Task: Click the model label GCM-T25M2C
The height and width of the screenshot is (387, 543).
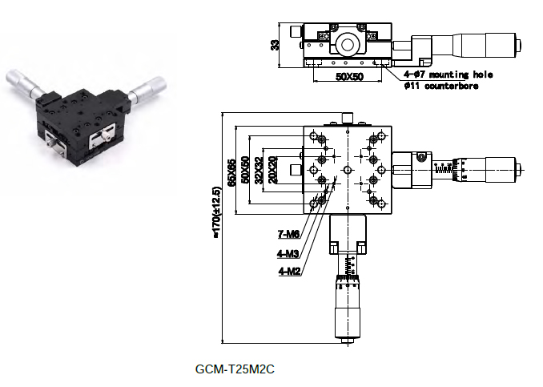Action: (235, 369)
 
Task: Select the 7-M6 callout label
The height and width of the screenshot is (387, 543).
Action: (288, 234)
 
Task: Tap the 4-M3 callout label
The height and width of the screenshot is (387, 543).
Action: (288, 254)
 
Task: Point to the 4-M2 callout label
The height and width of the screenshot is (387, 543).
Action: (289, 271)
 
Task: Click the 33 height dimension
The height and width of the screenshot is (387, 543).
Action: (275, 45)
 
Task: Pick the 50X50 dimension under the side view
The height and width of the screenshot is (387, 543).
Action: (349, 76)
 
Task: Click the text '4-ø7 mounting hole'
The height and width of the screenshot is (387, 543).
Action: (448, 75)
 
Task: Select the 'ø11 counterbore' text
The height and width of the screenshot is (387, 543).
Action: (441, 86)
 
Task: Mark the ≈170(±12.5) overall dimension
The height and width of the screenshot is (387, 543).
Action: (216, 212)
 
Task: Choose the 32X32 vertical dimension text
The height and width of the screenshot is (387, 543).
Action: (259, 170)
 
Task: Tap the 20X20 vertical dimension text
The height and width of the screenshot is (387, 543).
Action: (273, 170)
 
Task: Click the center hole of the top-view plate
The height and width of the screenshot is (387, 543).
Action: (348, 170)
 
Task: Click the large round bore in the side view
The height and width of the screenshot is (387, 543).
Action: (348, 44)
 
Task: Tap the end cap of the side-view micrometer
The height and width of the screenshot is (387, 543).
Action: (519, 45)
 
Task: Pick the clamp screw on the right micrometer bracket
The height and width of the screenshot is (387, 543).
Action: (420, 158)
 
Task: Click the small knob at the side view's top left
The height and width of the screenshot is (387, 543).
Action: (296, 31)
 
